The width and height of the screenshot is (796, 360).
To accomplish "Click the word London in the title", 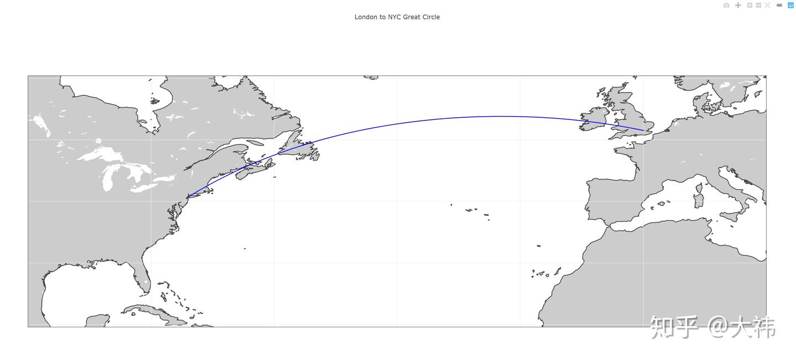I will [x=365, y=17].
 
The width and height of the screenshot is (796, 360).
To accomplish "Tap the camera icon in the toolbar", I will [x=726, y=6].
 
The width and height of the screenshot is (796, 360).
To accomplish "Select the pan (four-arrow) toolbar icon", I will [x=738, y=6].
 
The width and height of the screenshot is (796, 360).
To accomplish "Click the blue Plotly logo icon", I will [x=790, y=6].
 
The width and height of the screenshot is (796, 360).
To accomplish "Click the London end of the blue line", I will [x=644, y=131].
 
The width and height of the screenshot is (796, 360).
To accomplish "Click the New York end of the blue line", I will [x=188, y=197].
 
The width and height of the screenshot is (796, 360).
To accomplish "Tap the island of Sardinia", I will [x=699, y=200].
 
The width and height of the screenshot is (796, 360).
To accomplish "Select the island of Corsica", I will [x=699, y=188].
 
